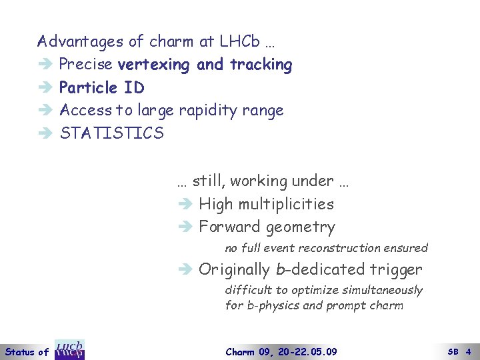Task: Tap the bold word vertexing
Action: (x=154, y=65)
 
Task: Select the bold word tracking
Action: (x=261, y=65)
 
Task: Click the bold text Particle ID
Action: (x=101, y=87)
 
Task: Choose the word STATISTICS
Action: (x=111, y=133)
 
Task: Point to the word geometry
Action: (x=300, y=227)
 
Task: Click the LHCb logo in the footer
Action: (x=69, y=350)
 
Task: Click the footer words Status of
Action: (x=27, y=351)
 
